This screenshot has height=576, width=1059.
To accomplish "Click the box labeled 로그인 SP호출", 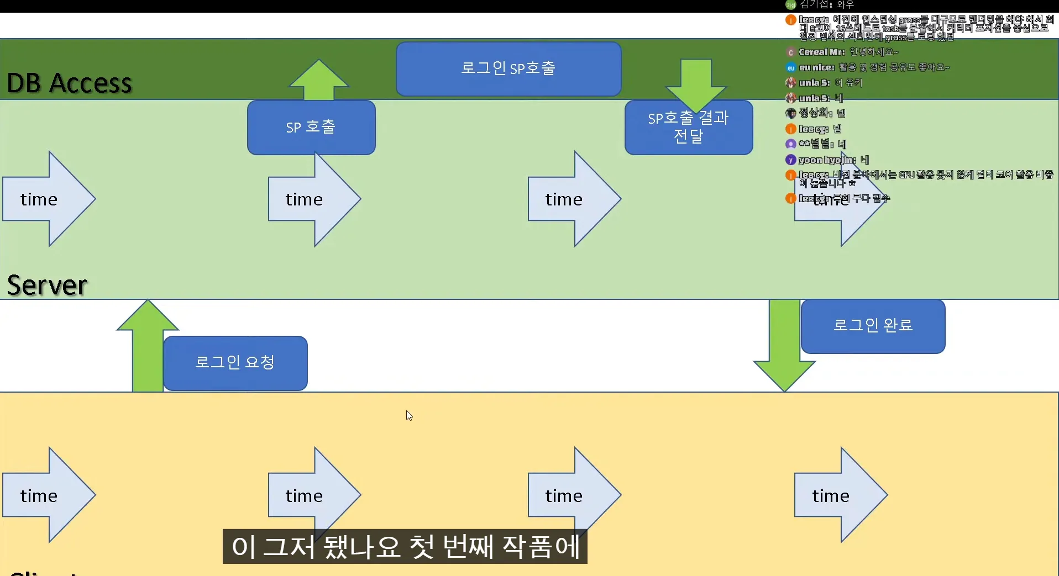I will [x=508, y=68].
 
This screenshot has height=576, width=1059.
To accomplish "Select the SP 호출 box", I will [x=311, y=127].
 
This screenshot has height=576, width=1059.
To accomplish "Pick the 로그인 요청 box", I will [x=235, y=363].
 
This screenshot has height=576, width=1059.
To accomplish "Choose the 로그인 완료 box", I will [x=873, y=326].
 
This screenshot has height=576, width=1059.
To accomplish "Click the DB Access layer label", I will [x=70, y=83].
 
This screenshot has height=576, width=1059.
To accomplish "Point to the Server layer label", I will [x=48, y=285].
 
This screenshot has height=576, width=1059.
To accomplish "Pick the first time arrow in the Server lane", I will [x=49, y=199].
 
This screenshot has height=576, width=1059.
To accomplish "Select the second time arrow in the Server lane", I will [x=314, y=199].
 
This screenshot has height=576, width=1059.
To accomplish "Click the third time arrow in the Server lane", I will [x=574, y=199].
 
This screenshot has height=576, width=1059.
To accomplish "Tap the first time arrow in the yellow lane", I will [x=49, y=495].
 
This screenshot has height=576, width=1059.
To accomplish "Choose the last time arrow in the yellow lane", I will [x=840, y=495].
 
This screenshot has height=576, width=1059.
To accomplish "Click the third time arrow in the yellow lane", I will [x=574, y=495].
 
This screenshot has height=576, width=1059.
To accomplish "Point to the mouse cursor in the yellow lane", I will [x=409, y=415].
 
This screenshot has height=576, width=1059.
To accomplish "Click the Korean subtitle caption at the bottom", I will [x=405, y=547].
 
